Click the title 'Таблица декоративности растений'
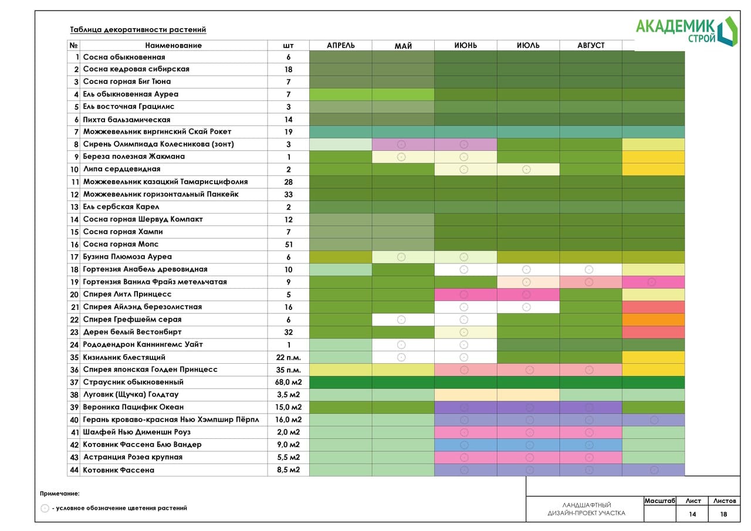click(138, 29)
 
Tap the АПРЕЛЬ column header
click(341, 45)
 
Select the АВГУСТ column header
click(591, 45)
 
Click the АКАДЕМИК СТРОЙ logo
click(686, 31)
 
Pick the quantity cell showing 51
click(288, 245)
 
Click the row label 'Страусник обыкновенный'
click(133, 382)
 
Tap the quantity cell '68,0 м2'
click(288, 382)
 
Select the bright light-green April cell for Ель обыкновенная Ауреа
click(340, 94)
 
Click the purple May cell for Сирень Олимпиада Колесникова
click(403, 144)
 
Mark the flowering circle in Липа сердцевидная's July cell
click(526, 170)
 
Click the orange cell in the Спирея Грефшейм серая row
click(653, 319)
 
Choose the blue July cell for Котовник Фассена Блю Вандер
click(528, 445)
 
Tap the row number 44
click(74, 470)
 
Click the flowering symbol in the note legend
click(45, 508)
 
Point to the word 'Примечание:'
click(60, 493)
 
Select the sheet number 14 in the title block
click(692, 514)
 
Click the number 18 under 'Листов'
click(723, 514)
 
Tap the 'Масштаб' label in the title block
click(659, 501)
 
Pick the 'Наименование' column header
click(173, 45)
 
